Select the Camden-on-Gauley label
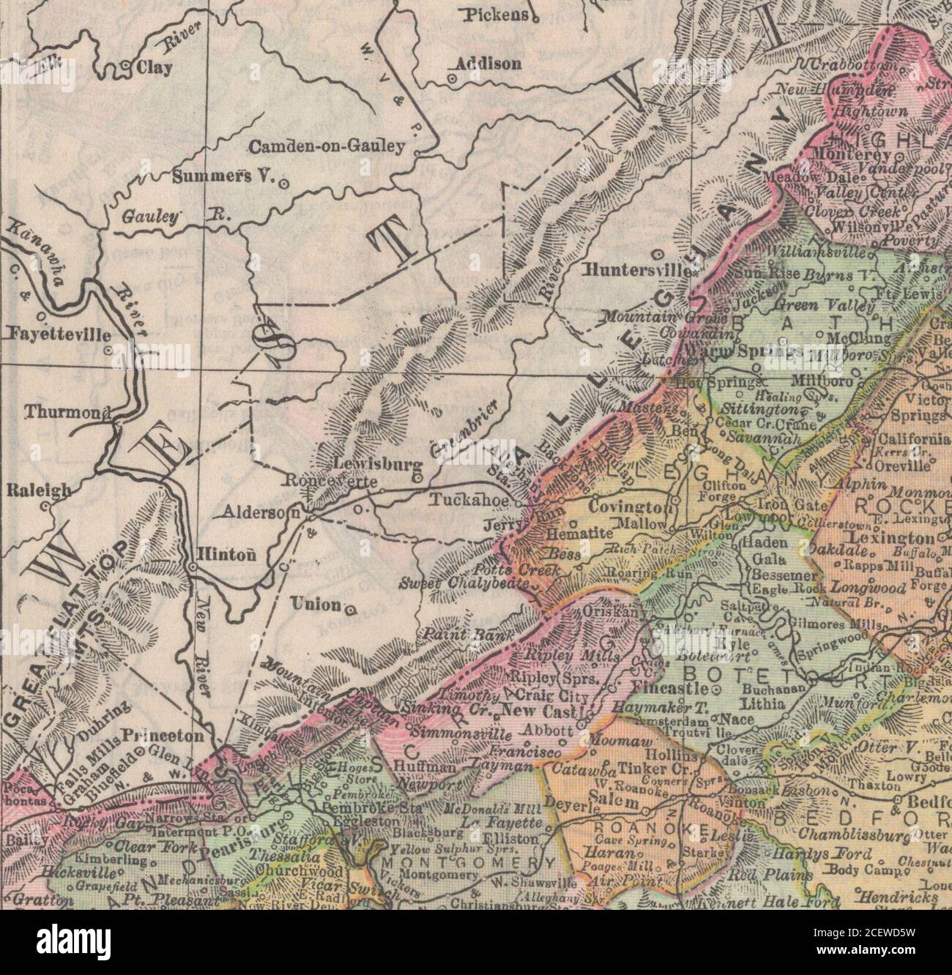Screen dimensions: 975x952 click(327, 147)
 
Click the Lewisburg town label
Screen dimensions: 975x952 click(377, 463)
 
